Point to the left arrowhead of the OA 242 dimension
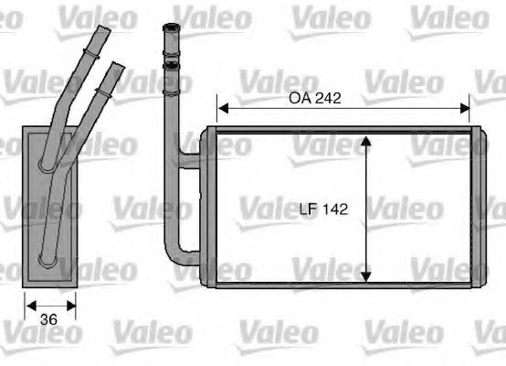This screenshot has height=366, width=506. coord(220,110)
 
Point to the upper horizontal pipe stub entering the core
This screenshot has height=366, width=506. coord(190,163)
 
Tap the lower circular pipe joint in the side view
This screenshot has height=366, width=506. coord(47,259)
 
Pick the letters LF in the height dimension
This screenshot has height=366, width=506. coord(309,210)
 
